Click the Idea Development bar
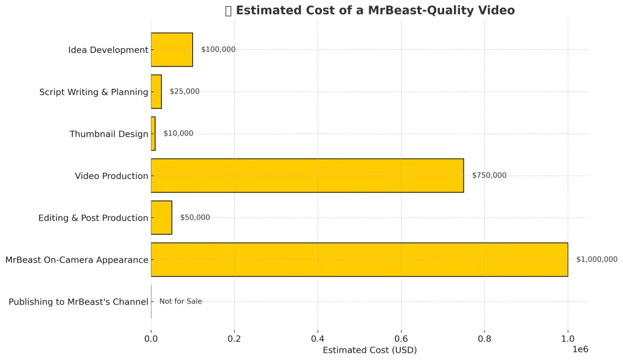coord(172,50)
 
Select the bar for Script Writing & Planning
coord(156,92)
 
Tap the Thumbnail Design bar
coord(153,134)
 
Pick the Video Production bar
coord(307,176)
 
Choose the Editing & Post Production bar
coord(161,218)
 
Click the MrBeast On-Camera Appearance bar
coord(359,260)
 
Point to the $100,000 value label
coord(218,50)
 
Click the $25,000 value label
coord(184,92)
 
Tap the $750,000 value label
coord(489,176)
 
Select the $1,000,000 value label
coord(597,260)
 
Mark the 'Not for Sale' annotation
coord(181,302)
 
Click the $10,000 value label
coord(178,134)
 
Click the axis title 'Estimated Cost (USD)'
coord(370,350)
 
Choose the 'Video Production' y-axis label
coord(111,176)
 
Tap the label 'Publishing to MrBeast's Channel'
coord(78,302)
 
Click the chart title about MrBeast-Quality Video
coord(370,10)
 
